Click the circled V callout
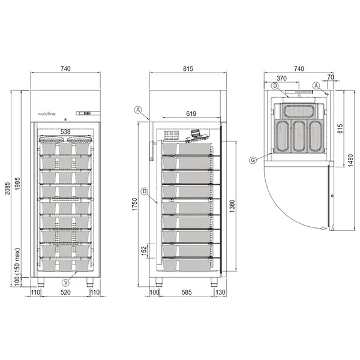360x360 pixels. click(x=65, y=280)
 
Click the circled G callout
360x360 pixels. click(x=254, y=159)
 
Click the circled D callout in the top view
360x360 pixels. click(x=274, y=86)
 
